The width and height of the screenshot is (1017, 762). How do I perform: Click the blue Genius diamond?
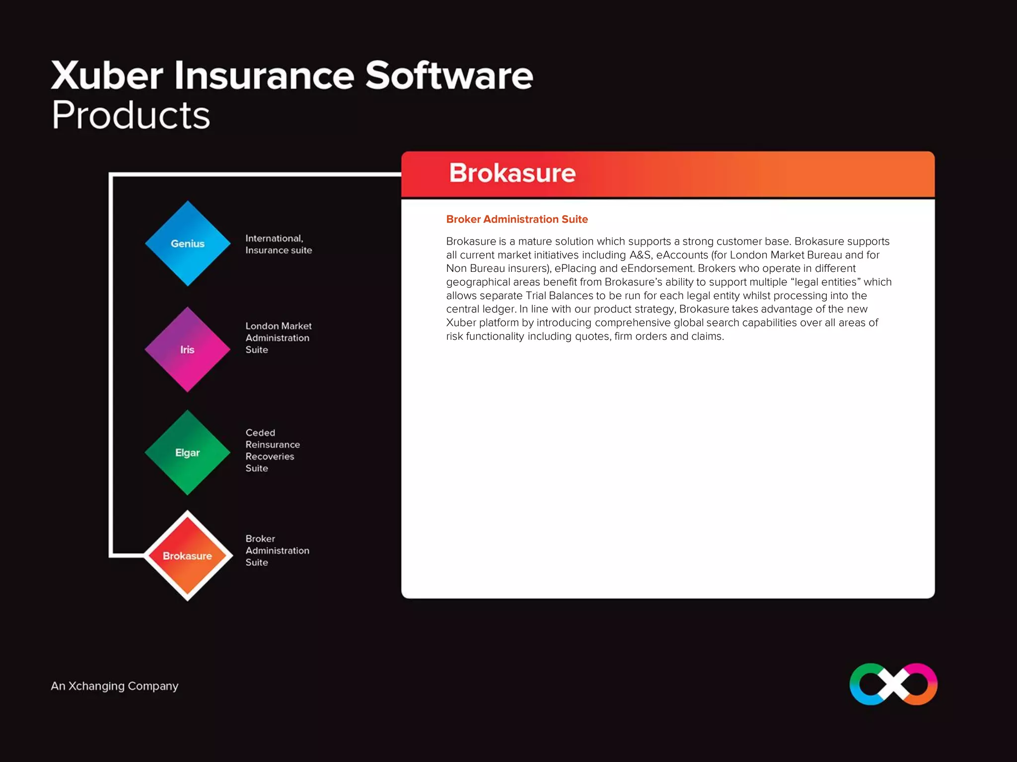[x=188, y=244]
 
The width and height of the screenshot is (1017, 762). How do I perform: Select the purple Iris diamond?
[x=187, y=350]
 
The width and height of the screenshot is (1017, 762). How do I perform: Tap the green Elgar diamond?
[x=187, y=452]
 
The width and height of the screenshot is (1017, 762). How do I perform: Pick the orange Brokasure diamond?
[x=187, y=556]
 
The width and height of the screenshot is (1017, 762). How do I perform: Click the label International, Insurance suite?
[x=278, y=244]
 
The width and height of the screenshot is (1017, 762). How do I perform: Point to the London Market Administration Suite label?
[x=278, y=338]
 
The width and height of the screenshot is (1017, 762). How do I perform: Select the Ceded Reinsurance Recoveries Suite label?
[x=272, y=450]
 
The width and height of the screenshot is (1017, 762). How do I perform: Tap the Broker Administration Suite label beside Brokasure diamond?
[x=277, y=551]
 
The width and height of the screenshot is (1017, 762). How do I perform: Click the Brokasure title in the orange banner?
[x=512, y=173]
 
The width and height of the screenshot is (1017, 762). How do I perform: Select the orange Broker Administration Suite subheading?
[x=516, y=219]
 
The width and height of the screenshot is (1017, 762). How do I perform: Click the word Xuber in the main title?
[x=107, y=75]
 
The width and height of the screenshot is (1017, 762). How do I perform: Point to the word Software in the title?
[x=449, y=75]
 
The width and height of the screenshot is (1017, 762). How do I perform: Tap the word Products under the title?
[x=131, y=115]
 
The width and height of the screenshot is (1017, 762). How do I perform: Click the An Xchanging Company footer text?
[x=114, y=686]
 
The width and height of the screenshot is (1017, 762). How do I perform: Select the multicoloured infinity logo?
[x=893, y=684]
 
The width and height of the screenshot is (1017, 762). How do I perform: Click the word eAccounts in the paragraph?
[x=682, y=255]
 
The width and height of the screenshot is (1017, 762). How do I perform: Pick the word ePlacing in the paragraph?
[x=575, y=268]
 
